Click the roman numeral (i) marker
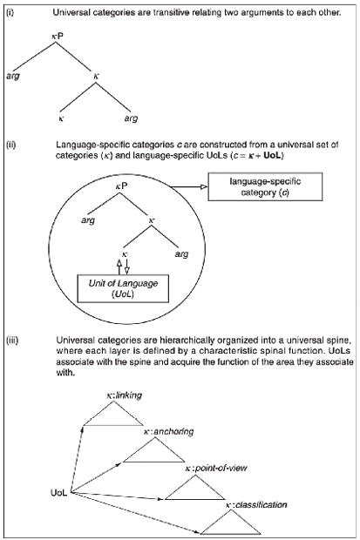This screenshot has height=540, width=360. tap(10, 13)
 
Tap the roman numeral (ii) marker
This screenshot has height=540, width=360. tap(11, 145)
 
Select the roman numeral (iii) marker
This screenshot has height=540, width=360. tap(12, 341)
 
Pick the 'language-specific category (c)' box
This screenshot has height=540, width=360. tap(265, 186)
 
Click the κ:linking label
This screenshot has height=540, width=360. tap(124, 395)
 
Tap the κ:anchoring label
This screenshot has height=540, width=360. tap(168, 431)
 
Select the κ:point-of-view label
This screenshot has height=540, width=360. tap(216, 468)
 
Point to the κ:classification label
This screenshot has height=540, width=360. tap(256, 505)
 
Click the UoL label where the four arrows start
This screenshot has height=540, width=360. tap(59, 493)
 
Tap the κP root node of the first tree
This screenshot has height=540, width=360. tap(58, 36)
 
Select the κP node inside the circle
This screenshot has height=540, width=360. tap(121, 186)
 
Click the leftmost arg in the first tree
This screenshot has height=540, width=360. tap(13, 76)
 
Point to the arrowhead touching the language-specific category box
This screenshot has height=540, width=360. tap(204, 187)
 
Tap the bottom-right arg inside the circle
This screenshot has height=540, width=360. tap(181, 254)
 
